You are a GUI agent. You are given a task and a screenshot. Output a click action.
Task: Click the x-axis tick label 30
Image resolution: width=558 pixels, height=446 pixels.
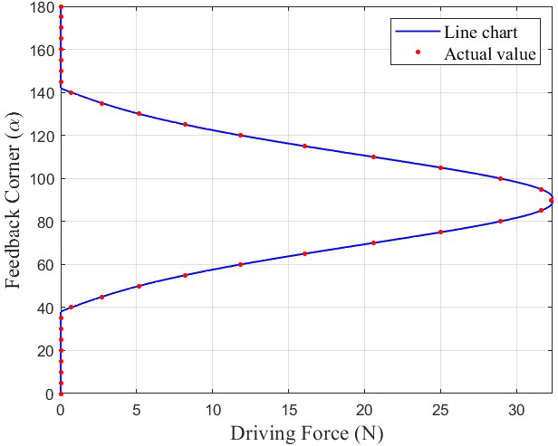coord(516,407)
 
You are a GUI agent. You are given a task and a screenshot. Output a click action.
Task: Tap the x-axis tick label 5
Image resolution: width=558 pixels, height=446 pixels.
coord(137,407)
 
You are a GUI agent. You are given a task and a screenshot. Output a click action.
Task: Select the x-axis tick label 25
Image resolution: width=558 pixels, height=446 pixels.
coord(440,407)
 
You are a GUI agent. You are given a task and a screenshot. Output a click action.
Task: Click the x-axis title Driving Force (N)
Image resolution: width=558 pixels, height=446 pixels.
coord(306,432)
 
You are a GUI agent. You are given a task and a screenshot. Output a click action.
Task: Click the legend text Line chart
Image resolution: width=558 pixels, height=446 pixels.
coord(480,33)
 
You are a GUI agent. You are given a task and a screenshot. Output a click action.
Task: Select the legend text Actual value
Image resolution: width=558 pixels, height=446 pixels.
coord(490,54)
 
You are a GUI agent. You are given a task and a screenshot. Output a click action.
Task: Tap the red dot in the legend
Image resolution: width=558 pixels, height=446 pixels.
coord(418,53)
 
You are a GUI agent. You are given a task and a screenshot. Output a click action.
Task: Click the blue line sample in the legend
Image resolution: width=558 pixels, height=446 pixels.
coord(418,33)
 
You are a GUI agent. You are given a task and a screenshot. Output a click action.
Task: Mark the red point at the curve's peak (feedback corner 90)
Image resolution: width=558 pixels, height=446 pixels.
coord(549,201)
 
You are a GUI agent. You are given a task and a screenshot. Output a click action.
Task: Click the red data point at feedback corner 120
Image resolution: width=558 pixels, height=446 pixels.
coord(240,136)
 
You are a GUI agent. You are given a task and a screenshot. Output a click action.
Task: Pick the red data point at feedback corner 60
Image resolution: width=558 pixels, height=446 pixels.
coord(240,264)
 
